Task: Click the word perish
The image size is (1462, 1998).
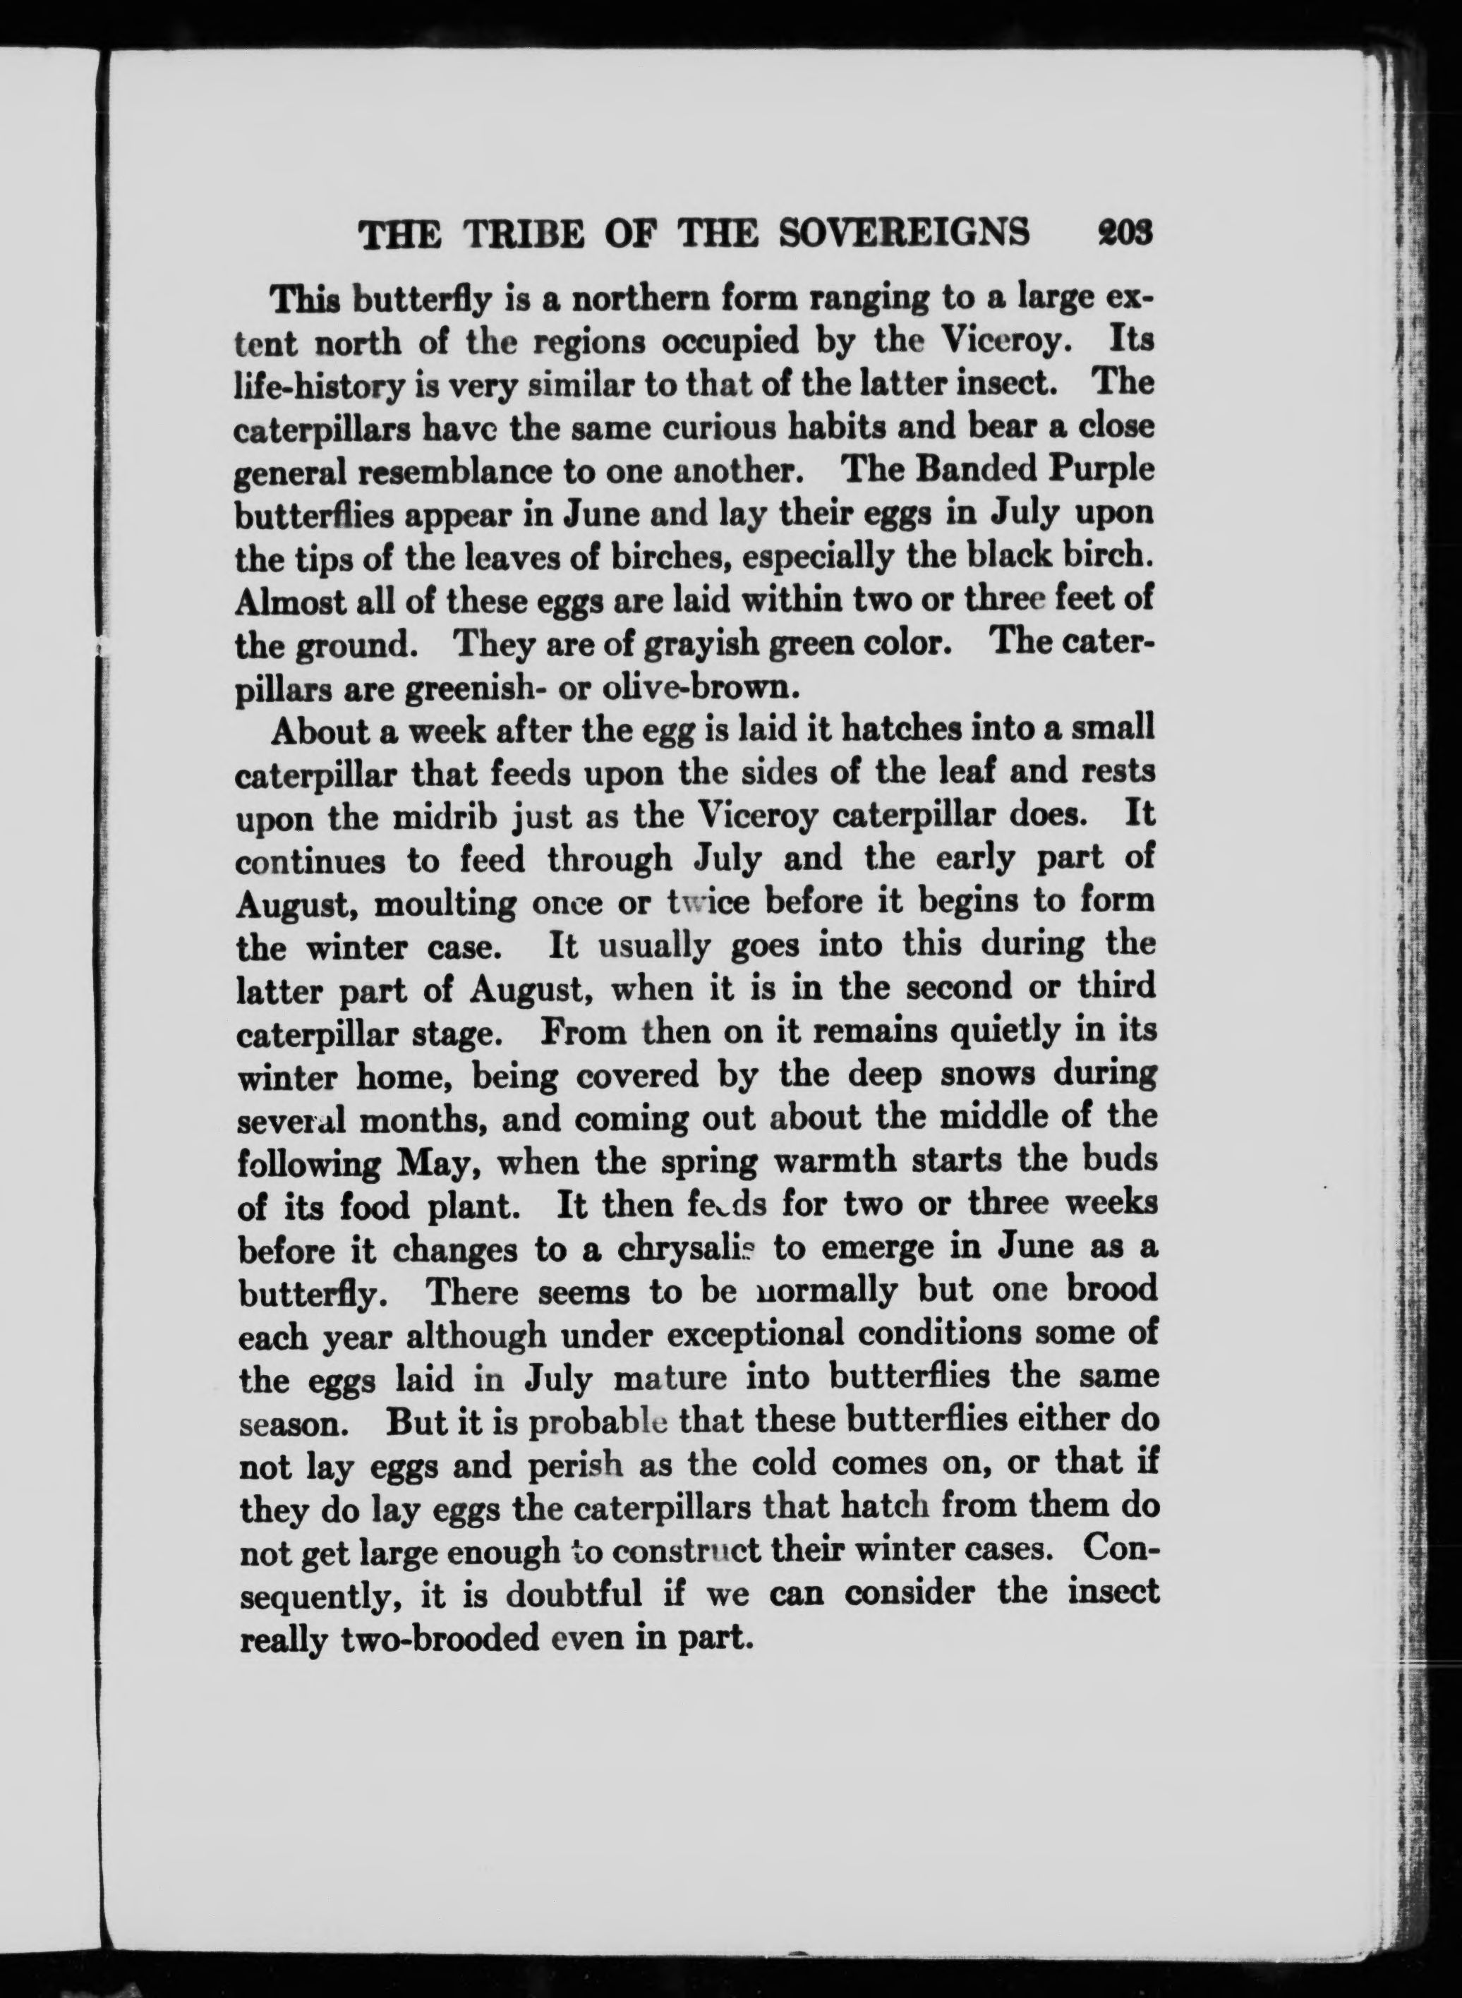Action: point(574,1463)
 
